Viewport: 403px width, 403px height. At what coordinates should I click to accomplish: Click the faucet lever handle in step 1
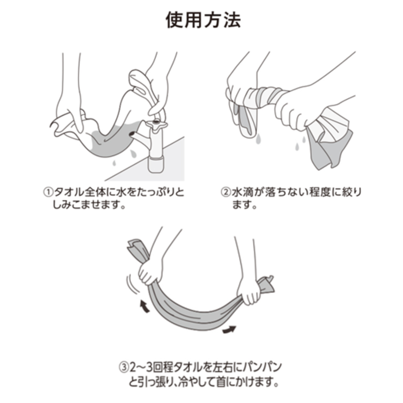coord(139,79)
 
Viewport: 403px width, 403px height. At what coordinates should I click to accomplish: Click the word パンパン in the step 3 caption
coord(260,368)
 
